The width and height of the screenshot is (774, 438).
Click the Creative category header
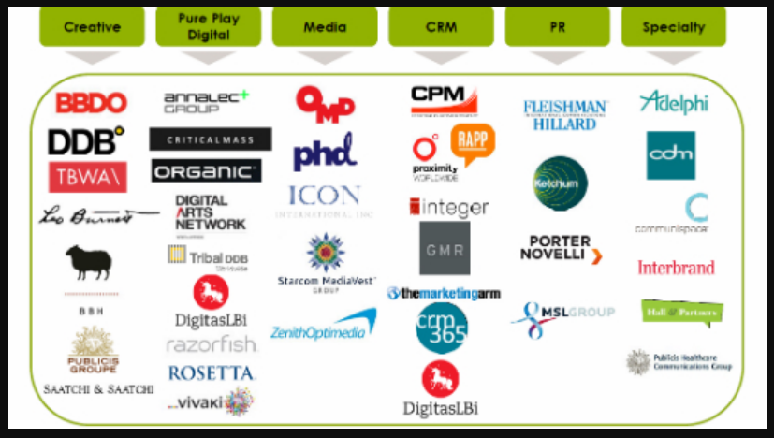coord(92,26)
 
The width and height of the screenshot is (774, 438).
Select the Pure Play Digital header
coord(208,26)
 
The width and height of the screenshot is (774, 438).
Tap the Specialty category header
coord(673,26)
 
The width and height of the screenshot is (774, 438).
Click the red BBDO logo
coord(91,103)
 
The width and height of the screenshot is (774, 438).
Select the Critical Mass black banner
coord(211,139)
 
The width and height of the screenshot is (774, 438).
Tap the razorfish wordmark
coord(212,345)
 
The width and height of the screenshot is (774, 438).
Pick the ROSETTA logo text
coord(212,372)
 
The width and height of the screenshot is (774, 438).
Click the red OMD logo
coord(325,102)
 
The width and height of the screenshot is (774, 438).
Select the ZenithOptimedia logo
coord(322,326)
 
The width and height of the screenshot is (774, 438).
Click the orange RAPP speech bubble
coord(472,142)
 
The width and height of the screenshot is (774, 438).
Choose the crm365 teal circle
coord(442,328)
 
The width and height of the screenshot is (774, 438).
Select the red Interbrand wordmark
coord(676,268)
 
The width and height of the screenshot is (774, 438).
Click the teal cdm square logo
coord(670,154)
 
